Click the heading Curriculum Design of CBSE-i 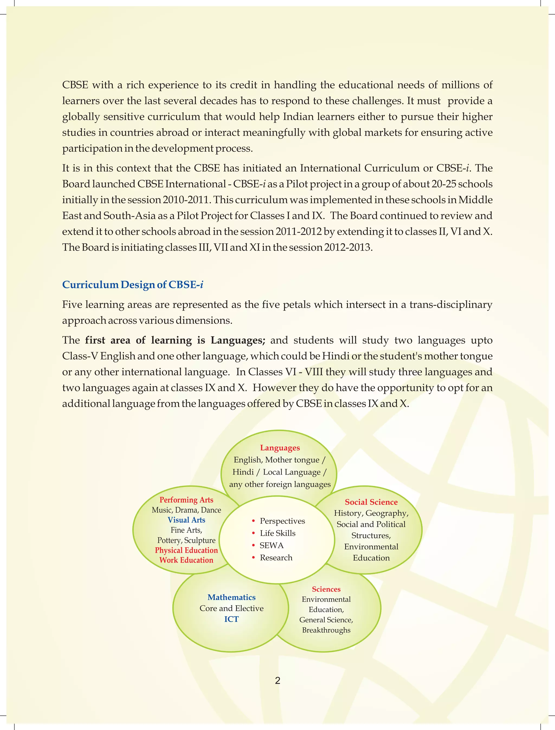133,285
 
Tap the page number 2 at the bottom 277,680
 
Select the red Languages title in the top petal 280,448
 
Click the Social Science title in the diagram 371,502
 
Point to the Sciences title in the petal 326,589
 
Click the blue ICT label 231,619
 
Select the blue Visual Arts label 186,520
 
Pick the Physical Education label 186,550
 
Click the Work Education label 186,560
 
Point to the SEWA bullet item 272,546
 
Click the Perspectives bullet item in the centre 282,521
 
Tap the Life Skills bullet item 277,533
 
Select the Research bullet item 276,558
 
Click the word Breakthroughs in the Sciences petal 326,630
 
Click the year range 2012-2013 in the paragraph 347,247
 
